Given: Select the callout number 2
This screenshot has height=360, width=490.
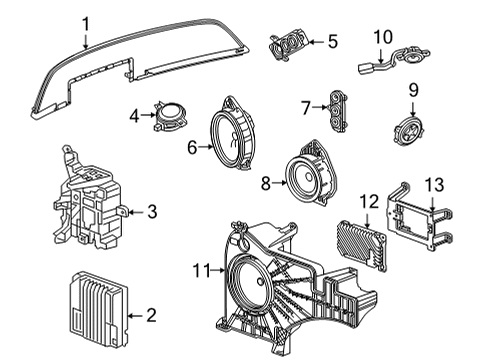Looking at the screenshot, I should (151, 315).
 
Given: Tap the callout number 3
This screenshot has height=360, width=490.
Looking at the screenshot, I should (151, 211).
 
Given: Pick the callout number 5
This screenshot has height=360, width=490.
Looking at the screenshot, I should (333, 42).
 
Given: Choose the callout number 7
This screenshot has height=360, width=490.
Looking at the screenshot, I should (307, 105).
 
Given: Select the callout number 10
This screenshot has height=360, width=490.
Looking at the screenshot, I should (383, 37).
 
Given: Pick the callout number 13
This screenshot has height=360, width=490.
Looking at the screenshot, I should (432, 184).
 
